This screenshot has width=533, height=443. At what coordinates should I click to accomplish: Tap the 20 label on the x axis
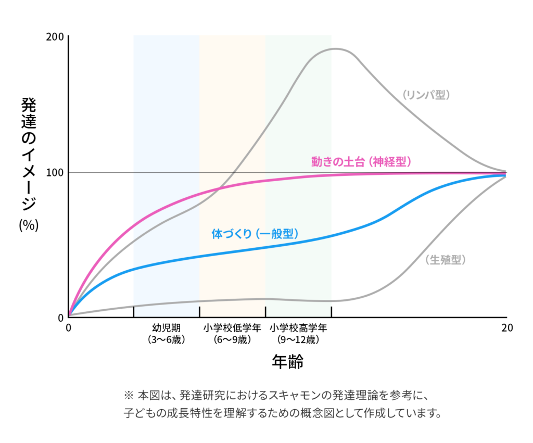pos(506,328)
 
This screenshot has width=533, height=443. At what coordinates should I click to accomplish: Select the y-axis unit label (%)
pos(29,225)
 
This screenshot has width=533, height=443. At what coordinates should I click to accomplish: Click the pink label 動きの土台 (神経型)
pos(362,161)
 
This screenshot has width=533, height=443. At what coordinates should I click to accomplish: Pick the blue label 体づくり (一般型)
pos(255,234)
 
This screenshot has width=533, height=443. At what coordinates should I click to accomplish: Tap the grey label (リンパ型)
pos(425,95)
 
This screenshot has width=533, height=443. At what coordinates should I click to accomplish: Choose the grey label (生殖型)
pos(445,259)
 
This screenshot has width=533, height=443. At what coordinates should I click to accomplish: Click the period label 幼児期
pos(167,328)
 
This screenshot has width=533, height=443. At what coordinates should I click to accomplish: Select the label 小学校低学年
pos(232,328)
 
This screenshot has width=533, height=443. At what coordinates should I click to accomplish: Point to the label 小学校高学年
pos(298,328)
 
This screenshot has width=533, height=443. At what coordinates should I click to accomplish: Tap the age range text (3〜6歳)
pos(167,340)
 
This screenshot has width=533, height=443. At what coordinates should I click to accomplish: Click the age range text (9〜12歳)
pos(298,340)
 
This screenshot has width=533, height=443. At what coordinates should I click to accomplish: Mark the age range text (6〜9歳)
pos(232,340)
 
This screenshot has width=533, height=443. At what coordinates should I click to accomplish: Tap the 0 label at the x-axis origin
pos(68,328)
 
